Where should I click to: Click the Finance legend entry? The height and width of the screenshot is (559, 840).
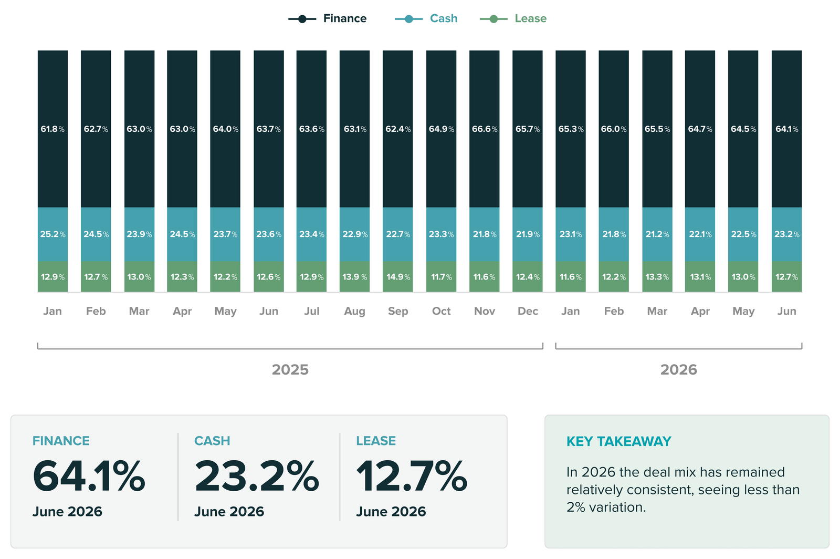click(x=328, y=18)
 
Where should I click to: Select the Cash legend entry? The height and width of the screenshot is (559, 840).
click(x=426, y=18)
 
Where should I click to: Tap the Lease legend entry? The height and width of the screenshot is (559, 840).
click(x=513, y=18)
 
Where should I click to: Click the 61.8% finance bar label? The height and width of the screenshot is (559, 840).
click(x=52, y=129)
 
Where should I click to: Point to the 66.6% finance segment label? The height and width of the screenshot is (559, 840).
click(x=485, y=129)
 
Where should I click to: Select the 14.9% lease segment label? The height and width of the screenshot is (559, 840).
click(x=398, y=277)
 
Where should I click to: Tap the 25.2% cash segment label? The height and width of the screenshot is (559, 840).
click(x=52, y=234)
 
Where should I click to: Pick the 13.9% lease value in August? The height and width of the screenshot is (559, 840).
click(x=355, y=277)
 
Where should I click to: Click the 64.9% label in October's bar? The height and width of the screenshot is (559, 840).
click(x=442, y=129)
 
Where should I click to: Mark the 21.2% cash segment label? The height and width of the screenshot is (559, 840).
click(x=657, y=234)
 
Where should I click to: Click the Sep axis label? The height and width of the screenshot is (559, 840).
click(x=398, y=311)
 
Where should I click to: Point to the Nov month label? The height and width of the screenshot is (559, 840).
click(x=485, y=311)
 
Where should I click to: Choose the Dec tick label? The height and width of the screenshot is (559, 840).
click(x=528, y=311)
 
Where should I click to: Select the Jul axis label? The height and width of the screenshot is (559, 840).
click(x=312, y=311)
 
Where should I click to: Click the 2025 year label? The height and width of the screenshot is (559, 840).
click(x=290, y=369)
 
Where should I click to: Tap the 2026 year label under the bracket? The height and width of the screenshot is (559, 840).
click(x=679, y=369)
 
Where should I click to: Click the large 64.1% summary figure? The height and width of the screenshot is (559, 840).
click(x=89, y=477)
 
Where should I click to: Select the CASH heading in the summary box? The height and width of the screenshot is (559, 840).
click(x=212, y=441)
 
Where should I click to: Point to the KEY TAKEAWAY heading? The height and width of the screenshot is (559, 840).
click(x=619, y=441)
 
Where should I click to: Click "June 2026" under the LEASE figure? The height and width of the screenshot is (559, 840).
click(x=391, y=511)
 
